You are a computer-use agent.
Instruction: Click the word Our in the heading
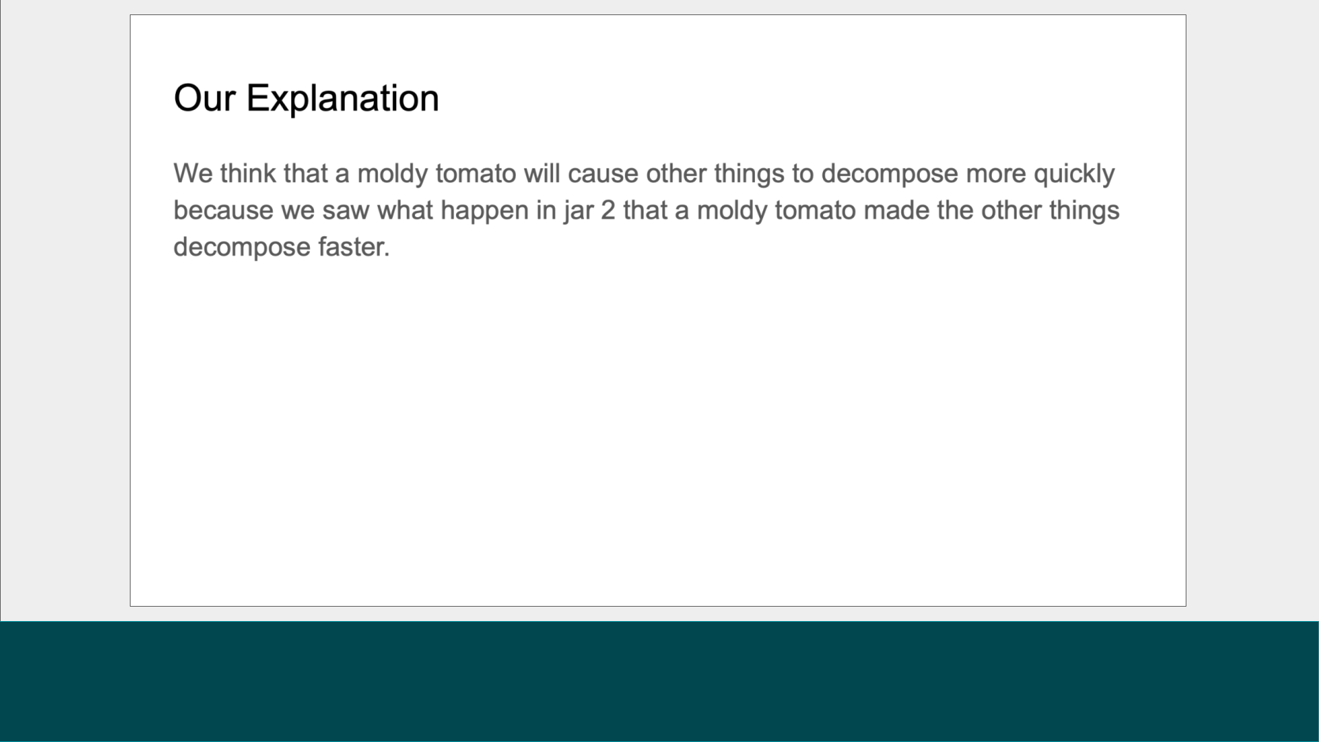pos(205,98)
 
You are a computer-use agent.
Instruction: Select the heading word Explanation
pos(342,98)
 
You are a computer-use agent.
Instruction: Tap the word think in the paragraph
pos(248,173)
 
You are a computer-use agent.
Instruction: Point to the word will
pos(542,173)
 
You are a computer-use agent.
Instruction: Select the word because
pos(223,210)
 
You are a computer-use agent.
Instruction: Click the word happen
pos(484,210)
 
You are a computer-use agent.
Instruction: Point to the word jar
pos(578,210)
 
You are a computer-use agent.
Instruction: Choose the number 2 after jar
pos(608,210)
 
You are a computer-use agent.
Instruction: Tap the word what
pos(405,210)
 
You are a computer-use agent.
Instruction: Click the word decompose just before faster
pos(241,247)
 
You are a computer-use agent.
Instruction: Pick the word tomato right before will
pos(475,173)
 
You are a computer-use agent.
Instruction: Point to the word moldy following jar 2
pos(732,210)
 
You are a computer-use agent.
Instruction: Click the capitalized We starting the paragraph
pos(193,173)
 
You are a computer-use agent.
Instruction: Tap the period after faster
pos(387,255)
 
